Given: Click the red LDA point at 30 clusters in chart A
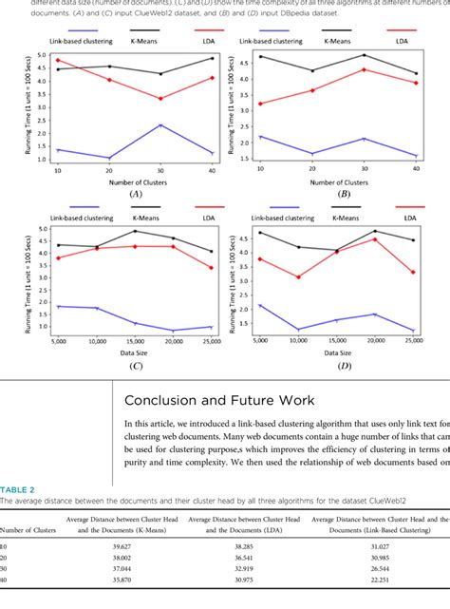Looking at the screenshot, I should coord(160,98).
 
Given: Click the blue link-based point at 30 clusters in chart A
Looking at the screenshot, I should coord(160,125).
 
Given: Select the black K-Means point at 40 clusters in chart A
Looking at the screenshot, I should coord(212,59).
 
